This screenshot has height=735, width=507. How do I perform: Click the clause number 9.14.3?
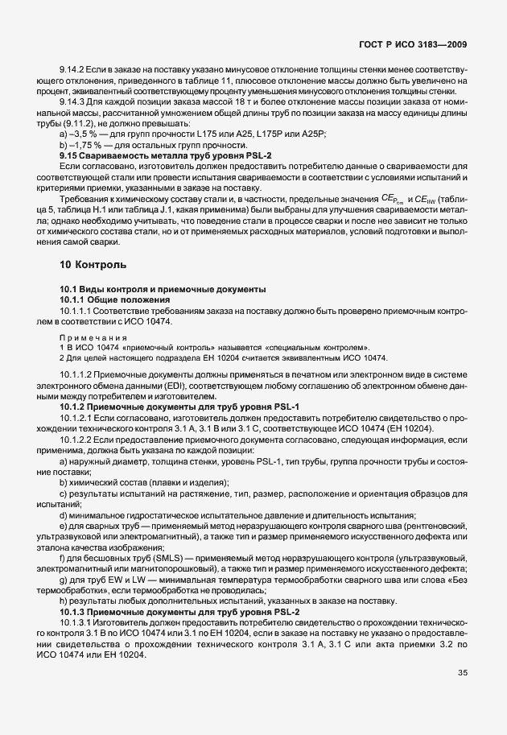coord(74,102)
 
